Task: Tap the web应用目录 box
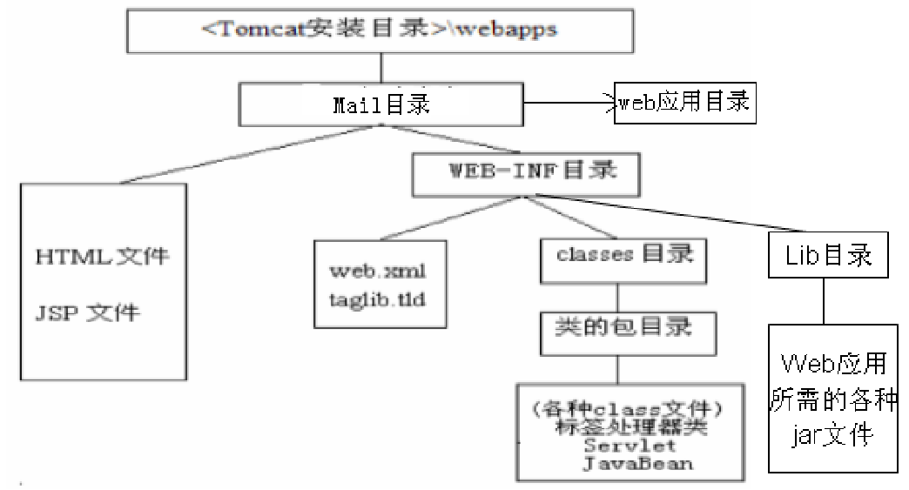683,103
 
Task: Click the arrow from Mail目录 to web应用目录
566,104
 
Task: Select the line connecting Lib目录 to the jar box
822,301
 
